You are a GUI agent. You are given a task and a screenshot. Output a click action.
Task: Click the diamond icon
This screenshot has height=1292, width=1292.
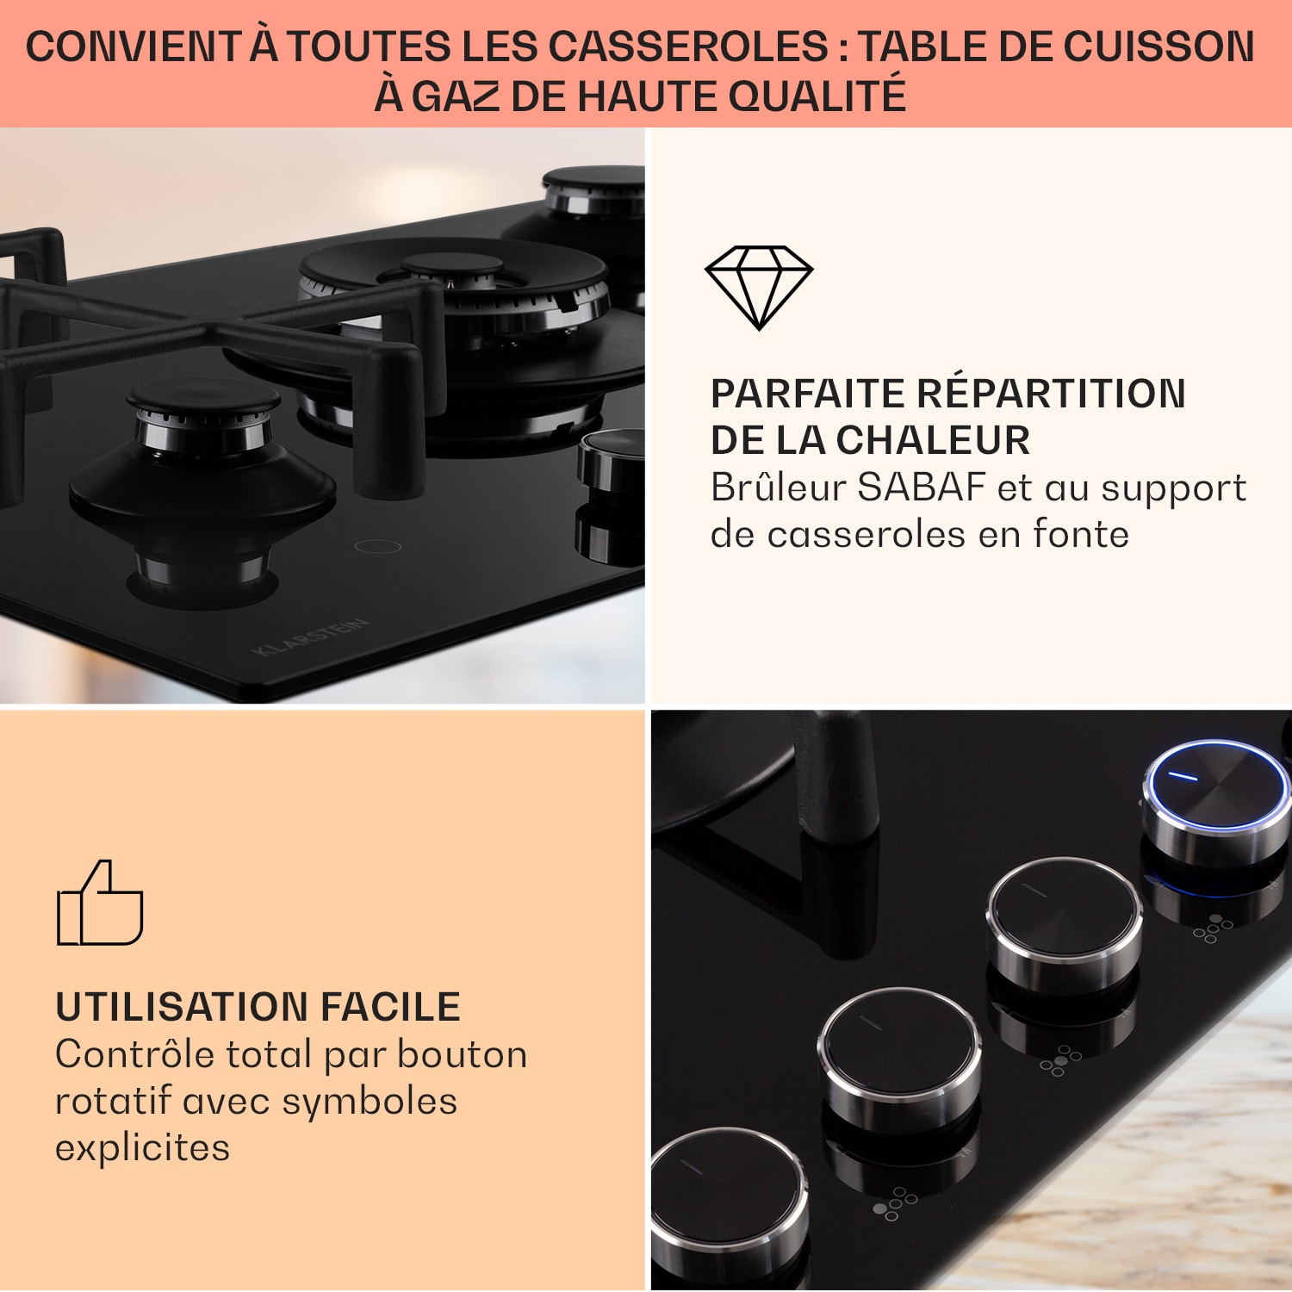click(x=758, y=287)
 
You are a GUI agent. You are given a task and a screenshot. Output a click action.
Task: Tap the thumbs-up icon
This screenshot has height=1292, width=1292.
click(x=100, y=903)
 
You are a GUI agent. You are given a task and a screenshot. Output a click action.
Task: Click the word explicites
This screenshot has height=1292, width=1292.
click(x=143, y=1148)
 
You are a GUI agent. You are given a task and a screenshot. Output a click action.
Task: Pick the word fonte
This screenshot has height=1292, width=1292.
click(x=1081, y=534)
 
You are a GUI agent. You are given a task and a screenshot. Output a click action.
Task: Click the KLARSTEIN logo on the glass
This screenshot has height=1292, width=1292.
click(x=312, y=637)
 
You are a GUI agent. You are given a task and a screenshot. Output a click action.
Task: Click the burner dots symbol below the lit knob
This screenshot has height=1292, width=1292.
click(x=1213, y=929)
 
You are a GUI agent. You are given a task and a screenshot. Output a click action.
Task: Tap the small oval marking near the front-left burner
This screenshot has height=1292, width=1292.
click(x=378, y=546)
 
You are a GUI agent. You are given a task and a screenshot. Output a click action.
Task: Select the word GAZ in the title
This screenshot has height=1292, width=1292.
click(x=456, y=96)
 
